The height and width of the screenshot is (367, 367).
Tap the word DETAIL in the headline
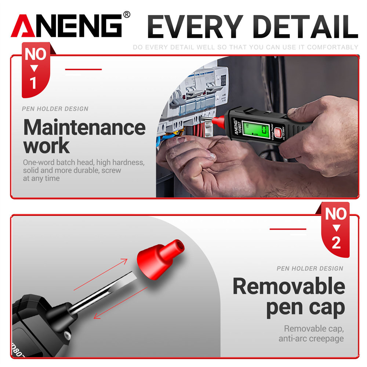[304, 26]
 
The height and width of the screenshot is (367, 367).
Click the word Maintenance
[84, 127]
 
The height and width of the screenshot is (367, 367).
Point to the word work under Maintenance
[46, 146]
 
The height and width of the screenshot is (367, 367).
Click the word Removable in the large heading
[289, 286]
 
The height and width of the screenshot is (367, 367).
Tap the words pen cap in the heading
[305, 308]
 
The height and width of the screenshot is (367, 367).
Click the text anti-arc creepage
[311, 338]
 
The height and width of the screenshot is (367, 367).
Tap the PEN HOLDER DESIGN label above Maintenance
[55, 109]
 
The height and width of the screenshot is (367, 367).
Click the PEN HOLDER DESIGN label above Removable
[310, 269]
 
